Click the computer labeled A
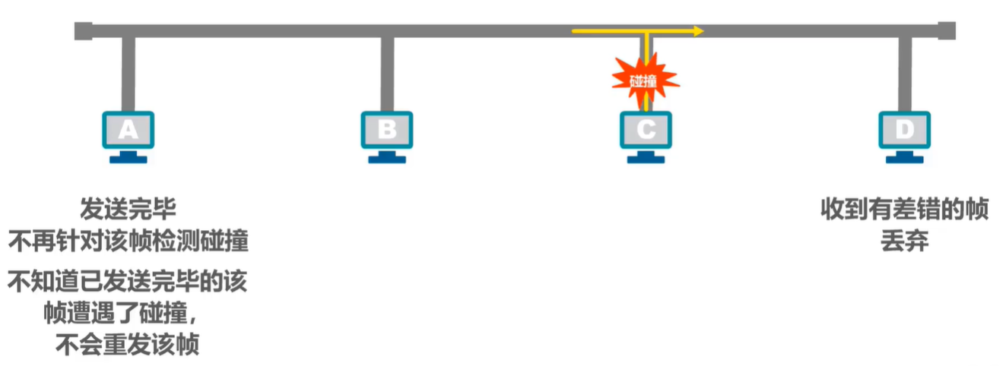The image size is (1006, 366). click(128, 131)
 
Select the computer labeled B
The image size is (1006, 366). click(386, 131)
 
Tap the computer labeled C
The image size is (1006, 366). click(645, 131)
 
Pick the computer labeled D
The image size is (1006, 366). click(904, 131)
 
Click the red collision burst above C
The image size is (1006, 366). click(644, 79)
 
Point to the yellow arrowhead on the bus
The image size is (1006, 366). click(699, 32)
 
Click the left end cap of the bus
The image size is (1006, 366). click(83, 31)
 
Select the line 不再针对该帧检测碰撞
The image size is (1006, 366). click(128, 241)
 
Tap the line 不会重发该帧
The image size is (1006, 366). click(128, 345)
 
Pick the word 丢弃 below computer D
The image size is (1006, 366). click(904, 241)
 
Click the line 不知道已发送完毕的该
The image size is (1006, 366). click(128, 282)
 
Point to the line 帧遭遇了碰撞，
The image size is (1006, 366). click(128, 313)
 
